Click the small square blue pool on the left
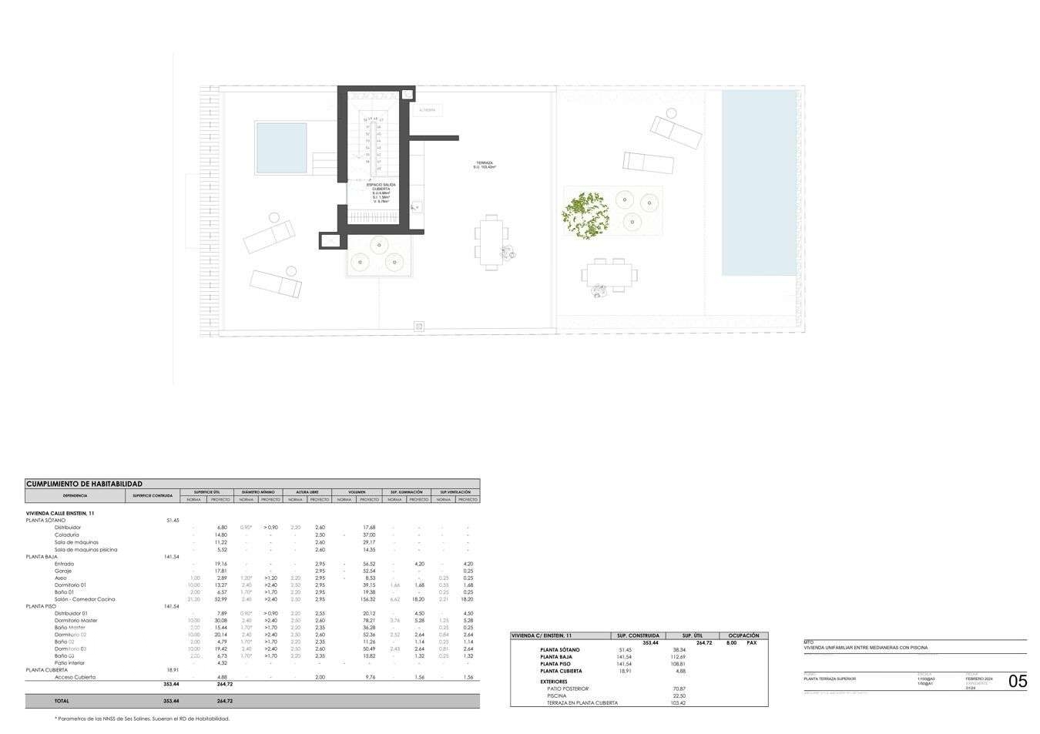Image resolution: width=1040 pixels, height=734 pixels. point(281,148)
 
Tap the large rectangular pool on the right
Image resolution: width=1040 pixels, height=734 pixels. point(759,183)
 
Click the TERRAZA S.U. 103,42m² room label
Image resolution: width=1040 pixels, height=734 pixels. point(485,165)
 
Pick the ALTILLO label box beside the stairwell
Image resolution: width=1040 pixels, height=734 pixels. point(428,110)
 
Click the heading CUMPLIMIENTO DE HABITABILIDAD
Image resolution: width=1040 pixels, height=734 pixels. point(84,484)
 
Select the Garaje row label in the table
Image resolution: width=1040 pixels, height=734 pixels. point(63,571)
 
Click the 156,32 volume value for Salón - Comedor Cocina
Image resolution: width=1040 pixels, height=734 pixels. point(367,599)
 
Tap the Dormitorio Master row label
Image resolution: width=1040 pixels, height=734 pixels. point(75,620)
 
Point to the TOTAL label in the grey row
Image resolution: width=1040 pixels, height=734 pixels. point(62,701)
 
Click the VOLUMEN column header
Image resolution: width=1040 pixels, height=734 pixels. point(357,492)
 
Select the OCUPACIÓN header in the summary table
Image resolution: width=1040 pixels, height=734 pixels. point(743,635)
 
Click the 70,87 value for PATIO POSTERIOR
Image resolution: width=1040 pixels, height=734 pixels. point(679,689)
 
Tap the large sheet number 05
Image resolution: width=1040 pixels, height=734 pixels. point(1017,681)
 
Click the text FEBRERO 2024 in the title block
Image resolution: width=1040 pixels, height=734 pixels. point(979,679)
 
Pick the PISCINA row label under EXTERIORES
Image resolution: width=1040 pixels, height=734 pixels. point(556,695)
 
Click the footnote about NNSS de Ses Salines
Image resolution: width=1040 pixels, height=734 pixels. point(143,719)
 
